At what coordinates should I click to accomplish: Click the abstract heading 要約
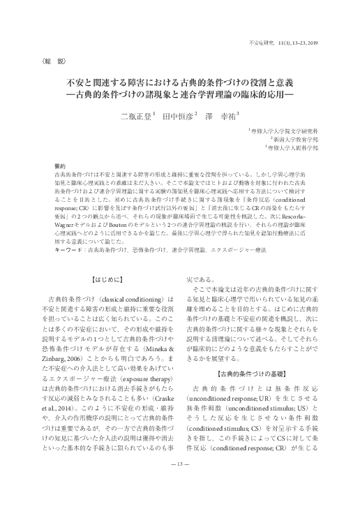(60, 165)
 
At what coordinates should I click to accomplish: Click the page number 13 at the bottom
(180, 483)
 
